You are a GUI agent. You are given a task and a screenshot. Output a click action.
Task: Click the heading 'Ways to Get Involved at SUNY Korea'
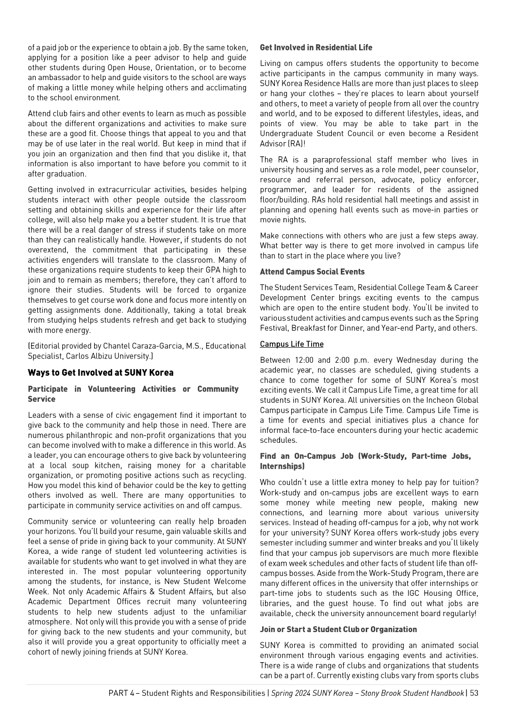(x=100, y=373)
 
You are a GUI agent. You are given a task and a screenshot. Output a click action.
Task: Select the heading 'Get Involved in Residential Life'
(x=316, y=48)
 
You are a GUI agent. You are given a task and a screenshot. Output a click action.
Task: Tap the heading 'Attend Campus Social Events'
(x=312, y=272)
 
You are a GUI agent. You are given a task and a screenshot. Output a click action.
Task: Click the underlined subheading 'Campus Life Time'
(x=291, y=344)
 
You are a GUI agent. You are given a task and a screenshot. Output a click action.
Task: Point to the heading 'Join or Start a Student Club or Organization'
(x=338, y=629)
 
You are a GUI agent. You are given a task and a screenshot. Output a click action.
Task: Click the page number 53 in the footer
(x=474, y=693)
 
